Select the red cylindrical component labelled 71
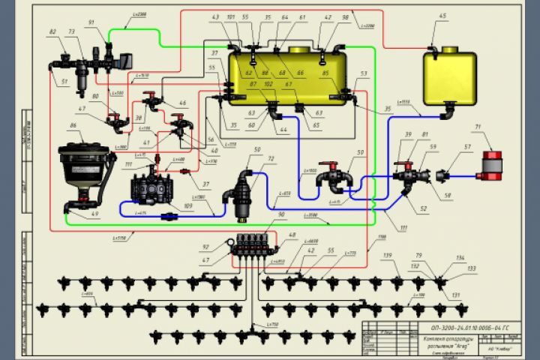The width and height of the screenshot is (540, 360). click(491, 165)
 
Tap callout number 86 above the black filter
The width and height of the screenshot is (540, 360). click(73, 125)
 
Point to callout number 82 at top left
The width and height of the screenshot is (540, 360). click(52, 33)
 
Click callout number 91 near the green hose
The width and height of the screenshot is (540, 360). click(91, 23)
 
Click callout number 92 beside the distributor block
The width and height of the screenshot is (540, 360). click(205, 247)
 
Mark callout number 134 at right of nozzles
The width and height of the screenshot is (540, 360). click(460, 258)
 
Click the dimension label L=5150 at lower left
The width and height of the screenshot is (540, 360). click(119, 238)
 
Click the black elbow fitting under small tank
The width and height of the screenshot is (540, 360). click(448, 112)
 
